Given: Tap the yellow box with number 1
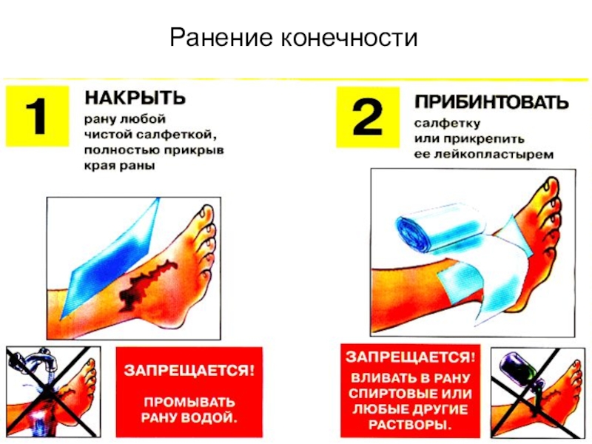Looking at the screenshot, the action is (38, 115).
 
